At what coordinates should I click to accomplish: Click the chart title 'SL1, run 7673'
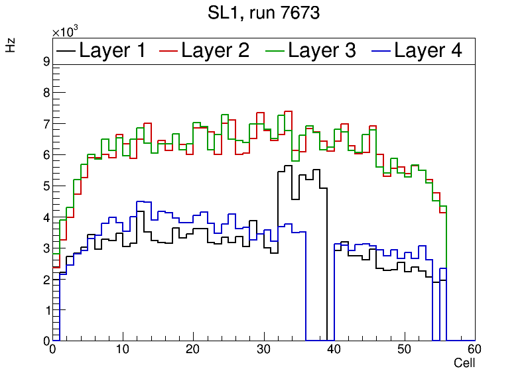264,13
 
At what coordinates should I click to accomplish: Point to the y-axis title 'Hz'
11,46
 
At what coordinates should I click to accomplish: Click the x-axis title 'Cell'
464,363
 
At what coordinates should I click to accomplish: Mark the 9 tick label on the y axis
46,62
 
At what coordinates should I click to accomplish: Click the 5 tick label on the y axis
46,186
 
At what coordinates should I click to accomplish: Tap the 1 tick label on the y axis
46,310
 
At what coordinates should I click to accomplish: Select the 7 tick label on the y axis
46,124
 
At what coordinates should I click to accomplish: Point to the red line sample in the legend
170,50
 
